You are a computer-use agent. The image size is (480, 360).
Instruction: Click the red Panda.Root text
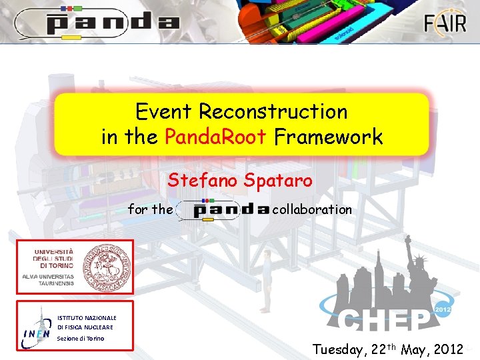click(215, 137)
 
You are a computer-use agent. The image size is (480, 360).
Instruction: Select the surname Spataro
click(278, 181)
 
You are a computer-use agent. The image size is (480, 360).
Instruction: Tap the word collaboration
click(312, 209)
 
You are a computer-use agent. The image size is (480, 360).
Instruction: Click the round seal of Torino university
click(104, 266)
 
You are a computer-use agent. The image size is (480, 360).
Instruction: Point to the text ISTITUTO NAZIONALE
click(87, 318)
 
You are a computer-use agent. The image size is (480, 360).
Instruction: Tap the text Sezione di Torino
click(81, 338)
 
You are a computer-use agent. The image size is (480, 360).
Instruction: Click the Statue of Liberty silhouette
click(421, 273)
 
